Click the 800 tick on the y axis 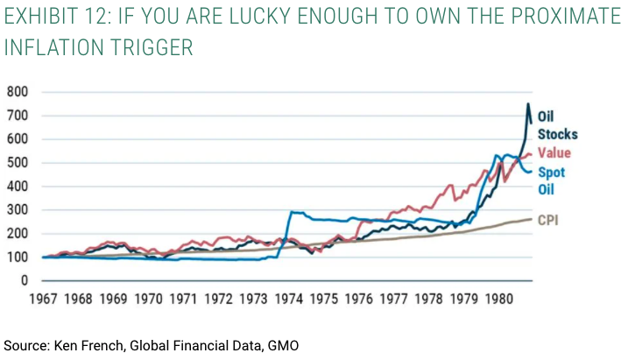pyautogui.click(x=18, y=92)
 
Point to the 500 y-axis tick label pyautogui.click(x=18, y=163)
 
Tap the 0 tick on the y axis pyautogui.click(x=25, y=281)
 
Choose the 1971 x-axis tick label pyautogui.click(x=184, y=298)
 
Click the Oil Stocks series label pyautogui.click(x=556, y=125)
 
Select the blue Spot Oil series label pyautogui.click(x=551, y=180)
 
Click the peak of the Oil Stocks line pyautogui.click(x=527, y=104)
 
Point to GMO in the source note pyautogui.click(x=280, y=345)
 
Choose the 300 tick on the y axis pyautogui.click(x=18, y=210)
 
